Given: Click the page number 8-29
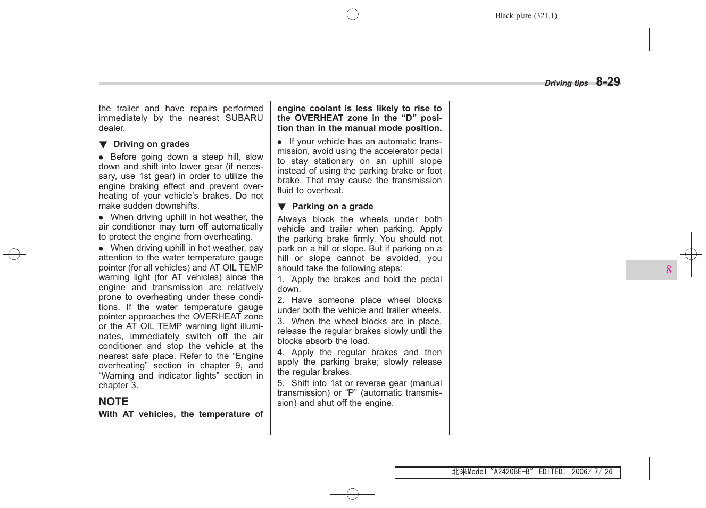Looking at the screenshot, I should point(608,82).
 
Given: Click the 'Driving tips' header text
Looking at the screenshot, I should point(566,83).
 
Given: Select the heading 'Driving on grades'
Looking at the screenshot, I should point(151,144).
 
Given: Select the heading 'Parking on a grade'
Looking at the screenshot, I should point(333,207).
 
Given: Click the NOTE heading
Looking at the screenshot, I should point(113,402).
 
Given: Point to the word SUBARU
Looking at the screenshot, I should point(244,118).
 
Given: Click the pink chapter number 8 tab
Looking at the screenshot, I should point(668,270).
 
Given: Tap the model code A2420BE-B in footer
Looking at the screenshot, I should point(511,472).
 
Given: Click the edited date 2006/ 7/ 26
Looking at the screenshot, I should point(592,472).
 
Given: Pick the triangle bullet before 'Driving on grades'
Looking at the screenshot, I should point(103,144).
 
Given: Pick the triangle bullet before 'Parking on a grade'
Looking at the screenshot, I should point(282,207).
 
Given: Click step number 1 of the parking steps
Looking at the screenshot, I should point(280,280).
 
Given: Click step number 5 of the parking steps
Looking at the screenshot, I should point(280,383).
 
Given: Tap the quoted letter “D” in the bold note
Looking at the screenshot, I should point(410,118).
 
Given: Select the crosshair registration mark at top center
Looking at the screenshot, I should point(352,14).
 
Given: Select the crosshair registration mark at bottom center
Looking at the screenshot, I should point(352,494).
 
